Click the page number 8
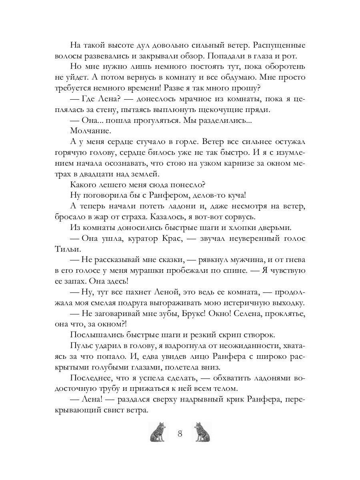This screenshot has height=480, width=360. (x=180, y=434)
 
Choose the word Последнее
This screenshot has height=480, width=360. (x=91, y=378)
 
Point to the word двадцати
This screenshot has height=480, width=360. (x=104, y=174)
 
